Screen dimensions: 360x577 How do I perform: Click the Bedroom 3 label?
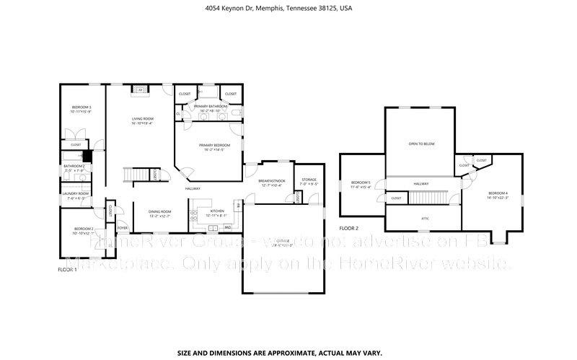coord(81,109)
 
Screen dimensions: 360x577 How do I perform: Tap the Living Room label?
coord(142,119)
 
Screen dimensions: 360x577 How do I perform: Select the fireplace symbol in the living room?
coord(141,90)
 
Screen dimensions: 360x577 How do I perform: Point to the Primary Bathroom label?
coord(211,106)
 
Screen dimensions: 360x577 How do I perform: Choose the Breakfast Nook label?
coord(272,181)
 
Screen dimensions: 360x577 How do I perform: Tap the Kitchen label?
coord(217,211)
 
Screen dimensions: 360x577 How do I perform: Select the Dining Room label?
coord(159,211)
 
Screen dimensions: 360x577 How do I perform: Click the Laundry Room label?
coord(74,193)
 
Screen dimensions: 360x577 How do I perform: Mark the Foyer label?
coord(123,228)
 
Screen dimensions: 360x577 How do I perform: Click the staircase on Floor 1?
coord(136,175)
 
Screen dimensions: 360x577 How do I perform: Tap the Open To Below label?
coord(421,144)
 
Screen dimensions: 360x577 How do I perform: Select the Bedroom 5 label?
coord(360,183)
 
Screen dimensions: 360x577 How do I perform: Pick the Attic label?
coord(425,216)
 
